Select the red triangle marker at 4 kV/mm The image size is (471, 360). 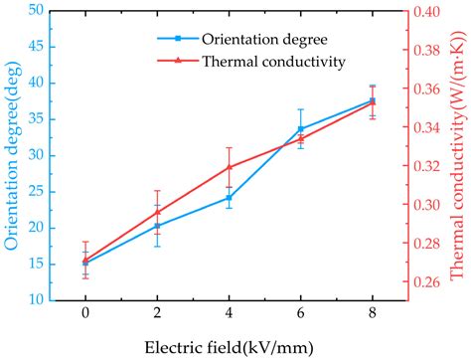tap(230, 166)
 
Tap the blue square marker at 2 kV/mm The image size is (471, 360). tap(157, 226)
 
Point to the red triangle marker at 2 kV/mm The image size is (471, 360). tap(157, 212)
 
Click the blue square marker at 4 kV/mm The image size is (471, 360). tap(230, 197)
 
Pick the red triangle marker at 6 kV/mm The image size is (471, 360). tap(301, 139)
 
